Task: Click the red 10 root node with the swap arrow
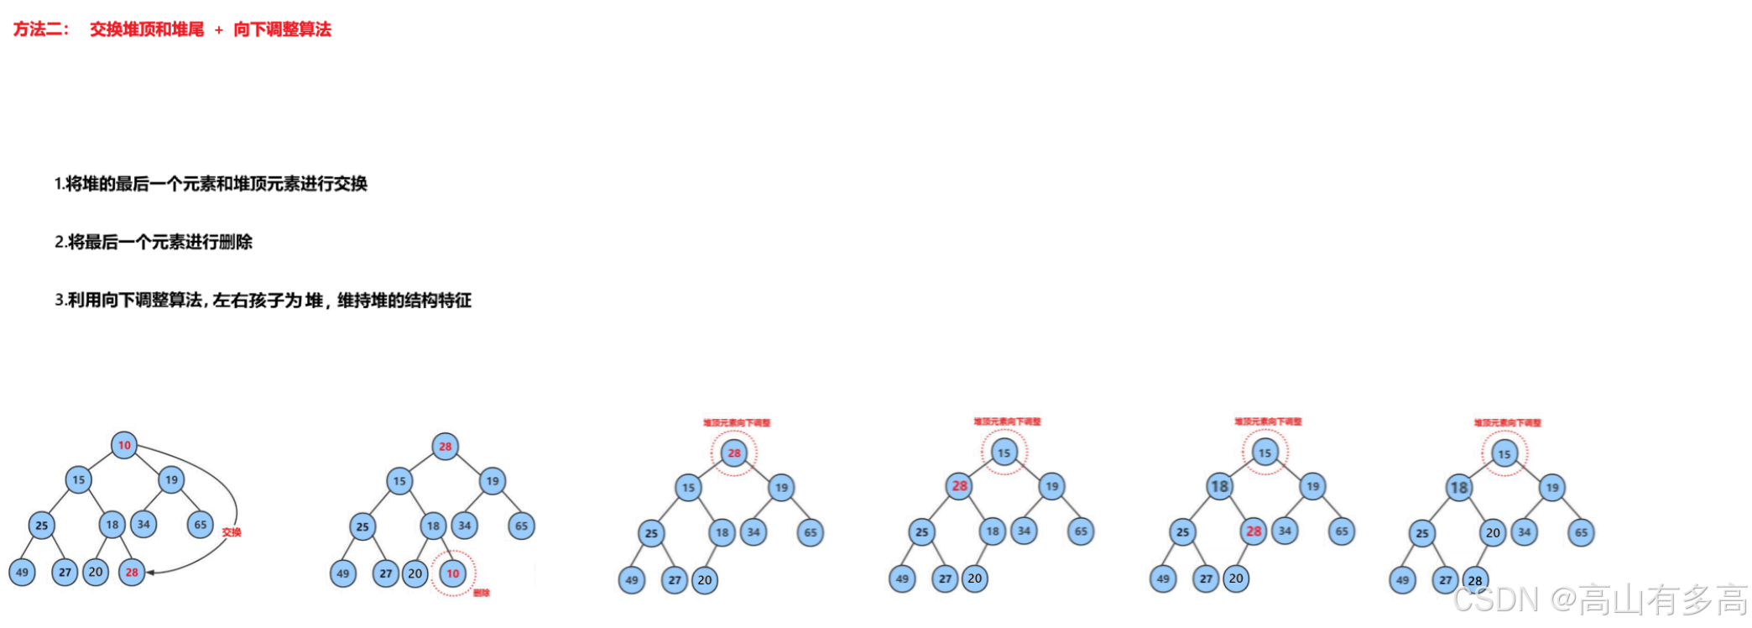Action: [x=124, y=445]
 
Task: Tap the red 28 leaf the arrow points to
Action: [x=132, y=572]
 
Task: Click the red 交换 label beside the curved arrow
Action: [x=232, y=532]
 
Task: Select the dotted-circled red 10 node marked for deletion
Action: [x=453, y=573]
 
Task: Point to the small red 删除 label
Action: [x=482, y=593]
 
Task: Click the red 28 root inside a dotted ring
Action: [x=734, y=453]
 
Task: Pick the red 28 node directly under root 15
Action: [x=959, y=485]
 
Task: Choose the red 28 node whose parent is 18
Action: [x=1254, y=531]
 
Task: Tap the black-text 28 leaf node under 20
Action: [x=1475, y=580]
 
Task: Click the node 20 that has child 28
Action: [x=1493, y=532]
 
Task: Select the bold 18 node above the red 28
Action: [x=1219, y=486]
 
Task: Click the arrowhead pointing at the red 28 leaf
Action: [x=152, y=573]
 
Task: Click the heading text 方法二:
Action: [x=40, y=29]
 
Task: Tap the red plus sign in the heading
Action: [x=218, y=30]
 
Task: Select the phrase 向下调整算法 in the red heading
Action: [x=282, y=29]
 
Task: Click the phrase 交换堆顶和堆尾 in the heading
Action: [x=147, y=29]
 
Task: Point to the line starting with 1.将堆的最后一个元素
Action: [x=211, y=183]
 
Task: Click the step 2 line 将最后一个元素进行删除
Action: [x=154, y=242]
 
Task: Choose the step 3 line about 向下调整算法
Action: [x=263, y=300]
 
